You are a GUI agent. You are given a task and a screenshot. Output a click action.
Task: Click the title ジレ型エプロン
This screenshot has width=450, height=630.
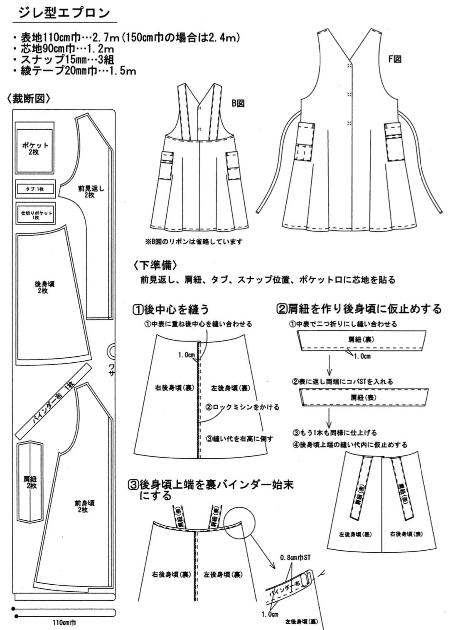pos(64,12)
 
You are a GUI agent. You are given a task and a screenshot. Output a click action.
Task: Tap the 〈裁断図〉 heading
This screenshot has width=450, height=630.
pos(29,98)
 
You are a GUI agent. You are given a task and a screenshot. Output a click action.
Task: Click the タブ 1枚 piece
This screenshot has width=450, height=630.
pos(35,189)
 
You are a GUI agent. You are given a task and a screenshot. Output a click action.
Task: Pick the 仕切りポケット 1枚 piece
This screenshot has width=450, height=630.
pos(36,214)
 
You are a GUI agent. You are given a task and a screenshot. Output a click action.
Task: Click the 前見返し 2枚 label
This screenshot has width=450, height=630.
pos(91,192)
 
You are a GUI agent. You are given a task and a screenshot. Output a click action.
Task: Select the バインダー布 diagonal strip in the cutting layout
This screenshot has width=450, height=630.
pos(53,402)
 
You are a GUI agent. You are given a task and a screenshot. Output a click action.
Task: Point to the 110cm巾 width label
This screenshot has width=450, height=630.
pos(64,623)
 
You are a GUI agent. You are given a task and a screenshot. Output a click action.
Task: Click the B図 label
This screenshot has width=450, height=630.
pos(238,103)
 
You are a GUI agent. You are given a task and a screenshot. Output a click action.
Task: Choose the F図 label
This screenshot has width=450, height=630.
pos(394,59)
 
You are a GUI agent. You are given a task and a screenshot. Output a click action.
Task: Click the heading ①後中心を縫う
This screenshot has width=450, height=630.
pos(171,309)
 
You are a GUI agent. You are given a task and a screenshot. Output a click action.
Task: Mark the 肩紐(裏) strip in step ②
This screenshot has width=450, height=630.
pos(361,340)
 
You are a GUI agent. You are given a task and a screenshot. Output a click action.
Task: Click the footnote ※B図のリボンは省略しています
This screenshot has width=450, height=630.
pos(193,241)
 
